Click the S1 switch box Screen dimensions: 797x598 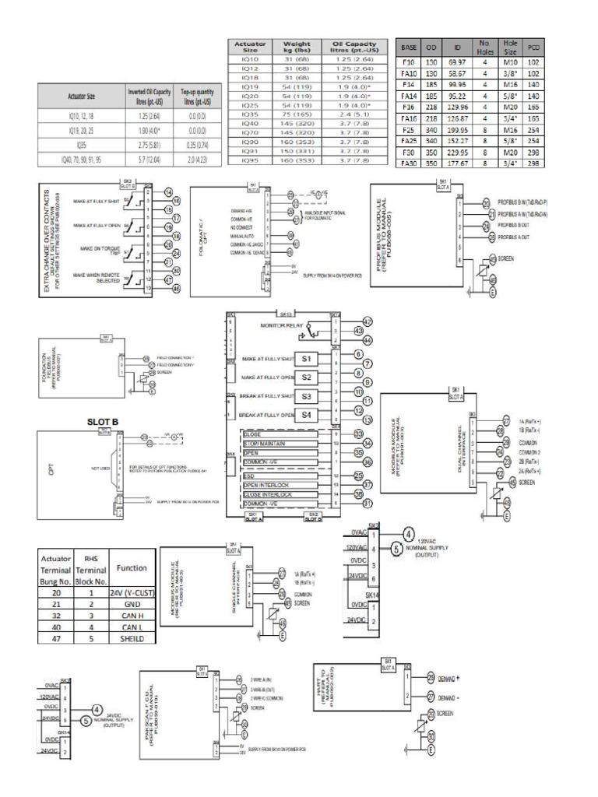[307, 358]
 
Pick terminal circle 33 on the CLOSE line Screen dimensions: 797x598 [359, 433]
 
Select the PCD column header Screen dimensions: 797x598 [534, 45]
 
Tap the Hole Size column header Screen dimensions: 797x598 [511, 45]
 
